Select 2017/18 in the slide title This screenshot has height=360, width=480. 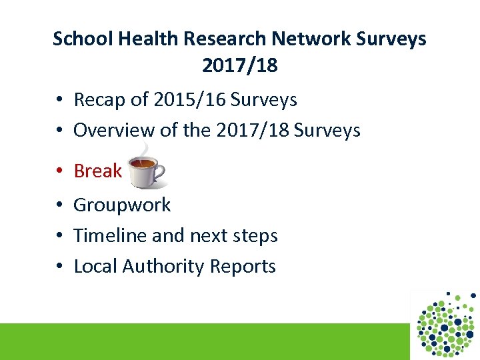coord(239,66)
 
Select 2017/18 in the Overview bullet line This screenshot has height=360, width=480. coord(252,130)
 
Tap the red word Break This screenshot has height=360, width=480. coord(98,171)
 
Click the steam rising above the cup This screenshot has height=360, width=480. coord(145,149)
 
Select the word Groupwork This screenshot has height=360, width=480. coord(122,205)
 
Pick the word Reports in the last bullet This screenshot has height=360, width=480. coord(243,266)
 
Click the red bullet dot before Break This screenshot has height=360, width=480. coord(59,172)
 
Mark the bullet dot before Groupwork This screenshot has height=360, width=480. coord(59,205)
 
